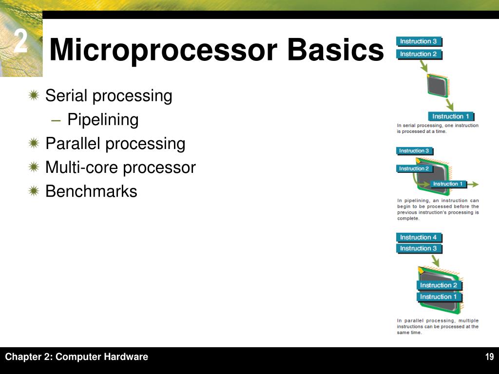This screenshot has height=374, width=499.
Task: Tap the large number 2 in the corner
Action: [x=20, y=42]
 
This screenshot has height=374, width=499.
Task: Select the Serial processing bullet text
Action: [x=109, y=96]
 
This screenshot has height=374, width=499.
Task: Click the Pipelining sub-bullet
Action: [x=103, y=120]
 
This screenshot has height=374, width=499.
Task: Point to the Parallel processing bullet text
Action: [x=115, y=144]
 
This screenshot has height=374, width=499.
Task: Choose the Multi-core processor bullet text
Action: [x=120, y=168]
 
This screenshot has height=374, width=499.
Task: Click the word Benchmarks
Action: [x=91, y=191]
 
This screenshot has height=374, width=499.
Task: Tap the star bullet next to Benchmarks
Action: [x=33, y=191]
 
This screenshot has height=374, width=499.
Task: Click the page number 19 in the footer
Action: [x=489, y=357]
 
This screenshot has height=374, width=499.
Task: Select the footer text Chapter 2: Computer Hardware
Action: [x=77, y=357]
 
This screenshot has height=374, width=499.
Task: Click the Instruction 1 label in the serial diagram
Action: [x=451, y=116]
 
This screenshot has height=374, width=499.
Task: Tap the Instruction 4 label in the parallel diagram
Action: [x=419, y=238]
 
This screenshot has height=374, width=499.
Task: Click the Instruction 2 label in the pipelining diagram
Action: [x=414, y=168]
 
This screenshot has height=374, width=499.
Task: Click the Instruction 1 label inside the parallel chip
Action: [x=439, y=297]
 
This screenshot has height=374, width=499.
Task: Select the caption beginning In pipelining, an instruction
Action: [x=438, y=209]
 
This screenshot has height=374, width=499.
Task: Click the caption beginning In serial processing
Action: [x=438, y=128]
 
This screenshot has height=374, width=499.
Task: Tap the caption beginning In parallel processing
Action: [x=438, y=326]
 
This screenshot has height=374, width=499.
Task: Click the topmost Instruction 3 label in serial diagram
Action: [x=418, y=41]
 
